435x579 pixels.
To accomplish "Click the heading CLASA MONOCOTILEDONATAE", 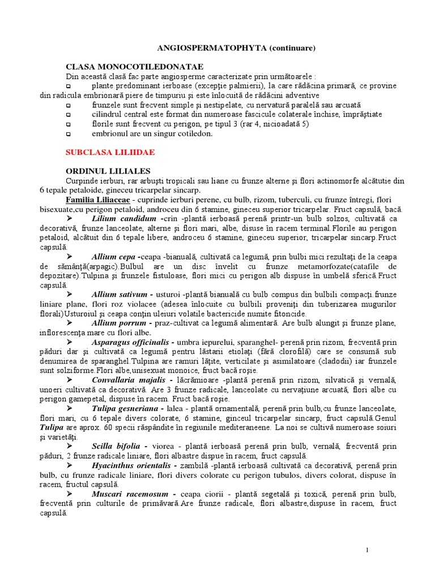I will [x=135, y=67].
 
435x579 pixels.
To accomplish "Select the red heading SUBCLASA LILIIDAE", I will [x=110, y=153].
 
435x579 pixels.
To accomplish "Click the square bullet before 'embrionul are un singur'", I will [x=69, y=133].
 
